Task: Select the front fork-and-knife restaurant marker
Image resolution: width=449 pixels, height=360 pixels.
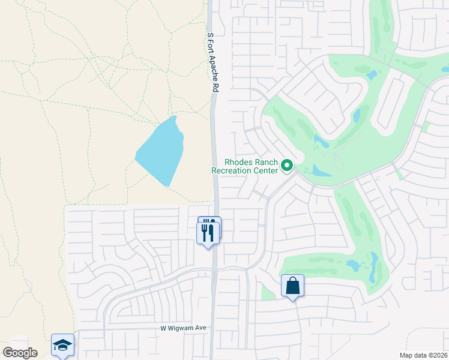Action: coord(208,232)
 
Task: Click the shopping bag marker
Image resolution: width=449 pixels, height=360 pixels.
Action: coord(292,286)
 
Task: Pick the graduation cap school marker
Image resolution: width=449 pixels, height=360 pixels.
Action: coord(62,345)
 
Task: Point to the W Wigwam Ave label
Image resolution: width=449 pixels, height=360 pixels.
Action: coord(183,328)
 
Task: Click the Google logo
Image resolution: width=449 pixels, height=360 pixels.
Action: coord(20,352)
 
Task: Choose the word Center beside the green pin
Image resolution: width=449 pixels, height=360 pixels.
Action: coord(265,170)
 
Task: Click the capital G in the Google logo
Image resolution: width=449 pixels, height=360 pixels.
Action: coord(8,352)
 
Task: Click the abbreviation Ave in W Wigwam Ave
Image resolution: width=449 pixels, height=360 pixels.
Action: coord(200,328)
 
